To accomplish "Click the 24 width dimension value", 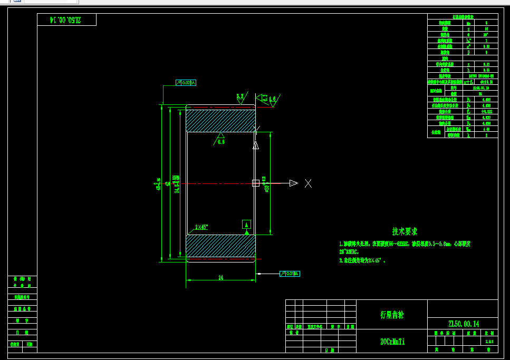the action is pos(221,277).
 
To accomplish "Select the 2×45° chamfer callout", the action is pos(201,227).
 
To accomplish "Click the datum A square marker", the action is pos(246,224).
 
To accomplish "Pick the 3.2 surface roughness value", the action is pos(240,96).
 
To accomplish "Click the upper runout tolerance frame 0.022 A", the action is pos(186,83).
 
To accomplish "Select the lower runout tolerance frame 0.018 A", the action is pos(290,274).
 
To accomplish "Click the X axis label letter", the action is pos(309,183).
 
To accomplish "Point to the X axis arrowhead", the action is pos(293,183).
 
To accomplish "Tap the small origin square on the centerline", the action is pos(256,183).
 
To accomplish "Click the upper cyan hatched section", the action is pos(220,120).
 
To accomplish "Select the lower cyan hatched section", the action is pos(220,245).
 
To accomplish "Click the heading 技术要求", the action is pos(405,231).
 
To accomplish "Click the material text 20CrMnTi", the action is pos(392,342).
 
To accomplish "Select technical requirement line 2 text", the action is pos(364,260).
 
